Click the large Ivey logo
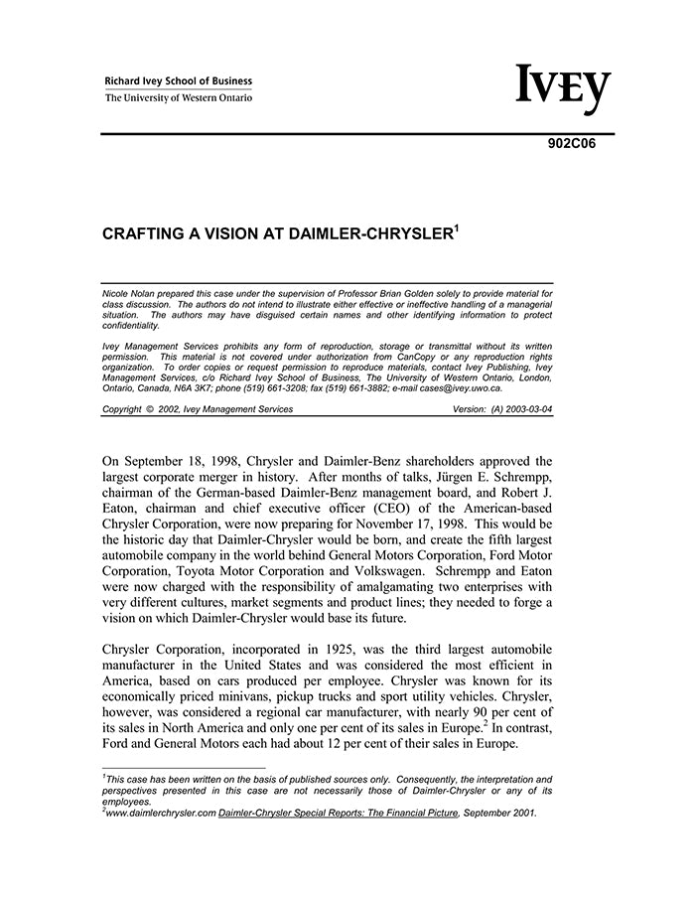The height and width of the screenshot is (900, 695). (x=561, y=89)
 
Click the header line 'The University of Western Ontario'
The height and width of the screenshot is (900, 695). (x=179, y=97)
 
